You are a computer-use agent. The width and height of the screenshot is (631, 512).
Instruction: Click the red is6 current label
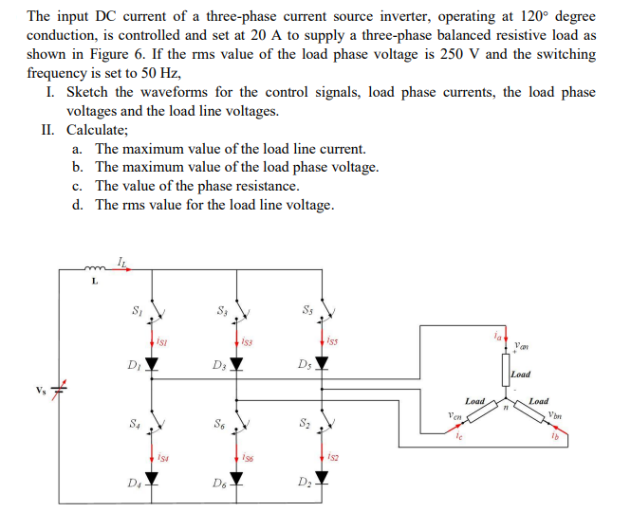click(249, 458)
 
